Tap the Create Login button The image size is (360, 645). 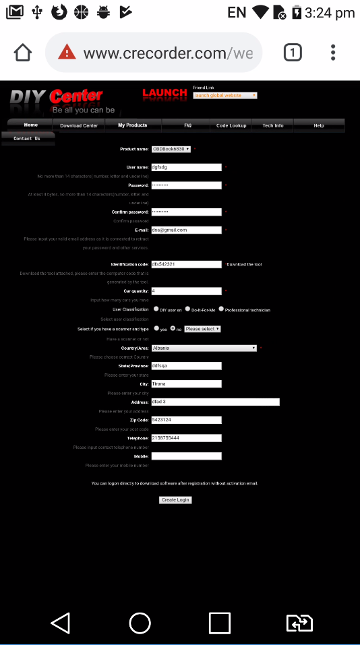tap(175, 500)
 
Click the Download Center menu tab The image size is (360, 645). tap(79, 125)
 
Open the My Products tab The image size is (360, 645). tap(132, 125)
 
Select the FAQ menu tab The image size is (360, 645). tap(187, 125)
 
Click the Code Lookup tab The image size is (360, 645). tap(231, 125)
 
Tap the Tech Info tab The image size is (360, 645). tap(273, 125)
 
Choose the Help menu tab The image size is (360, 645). tap(319, 125)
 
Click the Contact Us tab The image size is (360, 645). tap(27, 138)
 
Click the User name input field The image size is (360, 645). tap(186, 167)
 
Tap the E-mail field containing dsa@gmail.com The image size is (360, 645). tap(186, 230)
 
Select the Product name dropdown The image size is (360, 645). tap(171, 149)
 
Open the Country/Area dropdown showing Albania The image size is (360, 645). tap(204, 348)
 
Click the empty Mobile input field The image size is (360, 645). tap(186, 456)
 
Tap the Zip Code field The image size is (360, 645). tap(186, 420)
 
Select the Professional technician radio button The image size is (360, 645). tap(221, 309)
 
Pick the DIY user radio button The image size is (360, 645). tap(156, 309)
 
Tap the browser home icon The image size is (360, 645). tap(23, 53)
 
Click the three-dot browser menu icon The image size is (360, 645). tap(333, 53)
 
